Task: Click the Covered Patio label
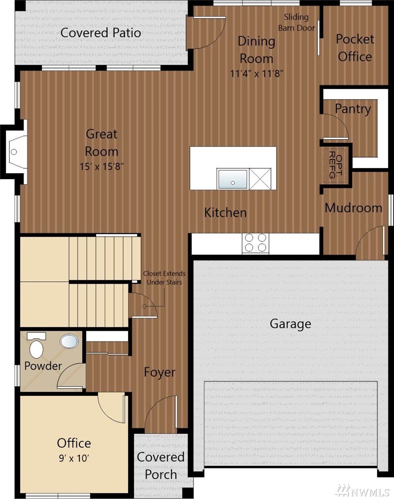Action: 100,33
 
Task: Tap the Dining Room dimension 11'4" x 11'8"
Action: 256,74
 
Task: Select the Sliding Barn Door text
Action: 296,23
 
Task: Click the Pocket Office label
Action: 354,48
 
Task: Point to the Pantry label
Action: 352,109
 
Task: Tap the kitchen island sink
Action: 232,179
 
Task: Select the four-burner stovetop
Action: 255,243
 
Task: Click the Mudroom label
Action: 353,208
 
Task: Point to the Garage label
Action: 290,324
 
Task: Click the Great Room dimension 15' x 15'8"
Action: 101,166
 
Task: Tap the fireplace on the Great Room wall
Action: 14,152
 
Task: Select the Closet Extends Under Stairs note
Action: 164,278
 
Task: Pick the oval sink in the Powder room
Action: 69,341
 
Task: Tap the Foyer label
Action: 159,372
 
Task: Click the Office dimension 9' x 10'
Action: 74,458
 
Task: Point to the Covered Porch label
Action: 160,465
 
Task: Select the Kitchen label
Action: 225,213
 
